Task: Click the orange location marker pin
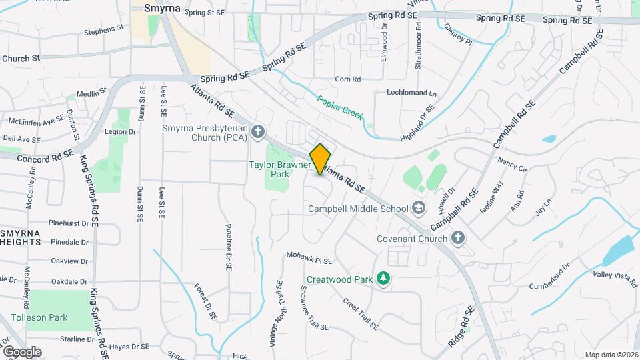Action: [x=321, y=159]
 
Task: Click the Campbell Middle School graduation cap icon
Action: [x=418, y=209]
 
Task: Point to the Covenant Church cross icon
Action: [x=457, y=238]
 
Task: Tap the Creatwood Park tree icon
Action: [x=383, y=279]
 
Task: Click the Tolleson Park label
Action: [x=38, y=318]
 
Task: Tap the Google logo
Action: [x=21, y=351]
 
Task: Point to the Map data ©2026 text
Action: [x=611, y=355]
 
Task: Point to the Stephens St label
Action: [x=103, y=30]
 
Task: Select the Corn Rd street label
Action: [x=347, y=79]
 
